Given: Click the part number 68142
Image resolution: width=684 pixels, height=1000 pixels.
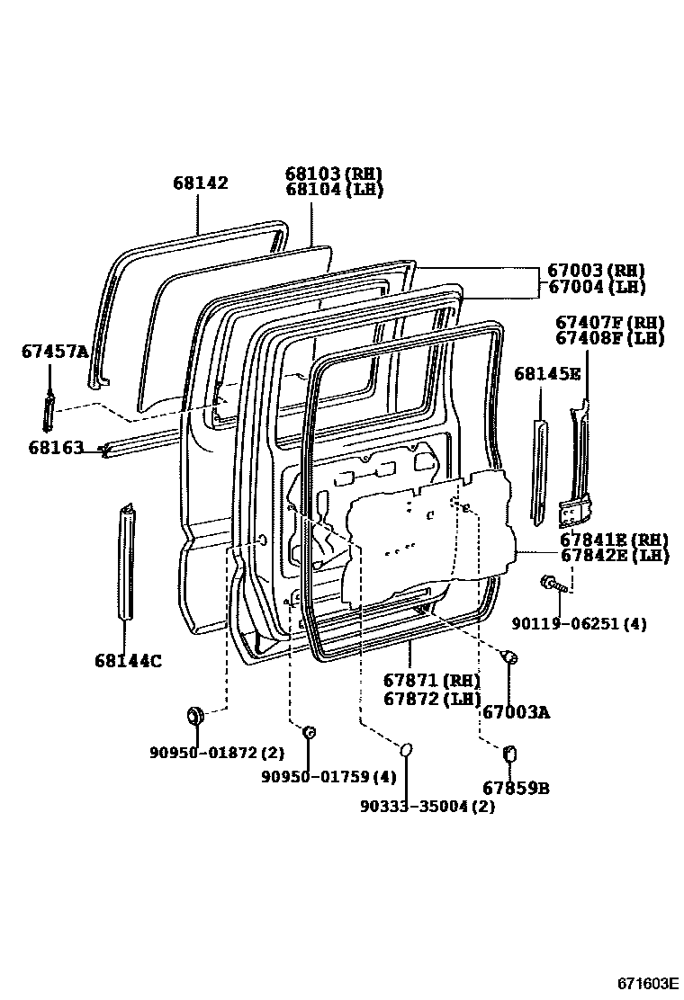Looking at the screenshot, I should [x=201, y=183].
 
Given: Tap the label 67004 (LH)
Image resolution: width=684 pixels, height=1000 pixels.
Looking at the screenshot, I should [x=595, y=288].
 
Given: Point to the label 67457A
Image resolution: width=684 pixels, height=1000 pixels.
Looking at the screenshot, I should [x=55, y=352].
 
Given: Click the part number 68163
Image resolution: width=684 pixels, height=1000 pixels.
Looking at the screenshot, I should [x=56, y=447].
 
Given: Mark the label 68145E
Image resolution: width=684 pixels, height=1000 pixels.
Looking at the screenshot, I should [x=547, y=373].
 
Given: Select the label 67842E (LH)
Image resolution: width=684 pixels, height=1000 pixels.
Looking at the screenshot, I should [x=614, y=556].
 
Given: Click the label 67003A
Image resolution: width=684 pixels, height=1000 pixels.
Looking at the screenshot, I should [x=516, y=712].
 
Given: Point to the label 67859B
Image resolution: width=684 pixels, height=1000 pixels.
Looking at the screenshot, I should [x=516, y=789].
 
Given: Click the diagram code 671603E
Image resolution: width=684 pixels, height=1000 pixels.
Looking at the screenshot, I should [x=648, y=983].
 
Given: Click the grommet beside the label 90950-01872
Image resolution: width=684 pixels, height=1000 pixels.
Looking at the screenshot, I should [x=194, y=717].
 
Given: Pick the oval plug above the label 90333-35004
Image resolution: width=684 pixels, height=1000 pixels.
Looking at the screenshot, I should [x=406, y=749].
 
